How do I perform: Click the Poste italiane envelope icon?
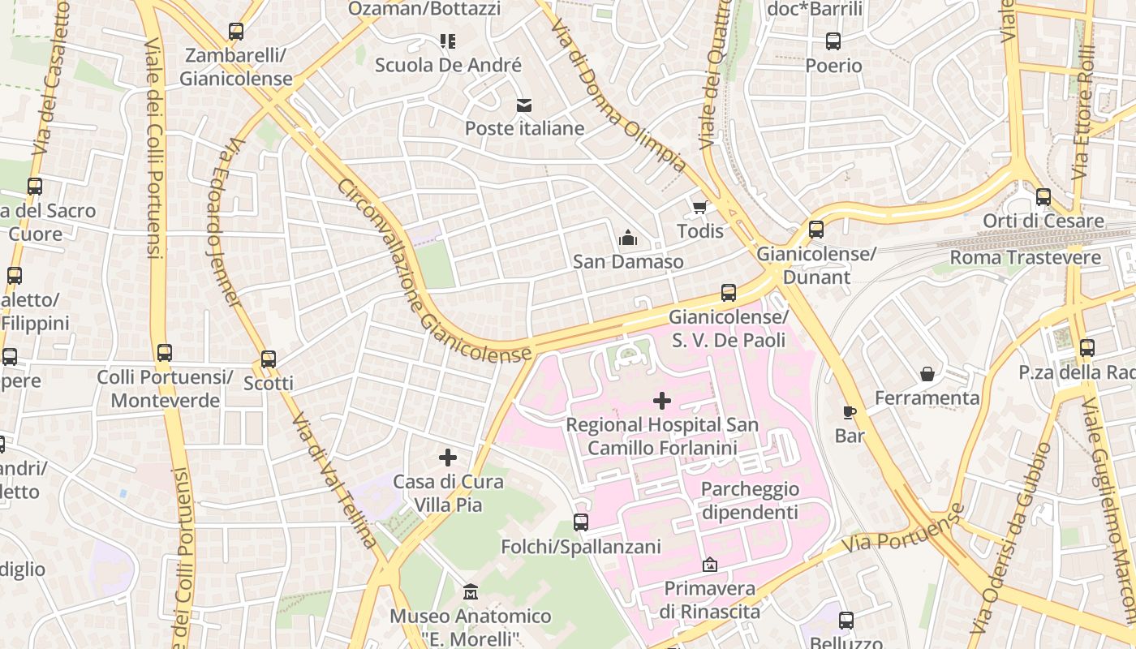[523, 105]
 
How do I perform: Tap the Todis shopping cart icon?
[699, 208]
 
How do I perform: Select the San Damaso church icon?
[627, 239]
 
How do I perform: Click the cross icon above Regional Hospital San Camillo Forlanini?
[662, 401]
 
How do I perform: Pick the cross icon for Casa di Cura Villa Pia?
[448, 458]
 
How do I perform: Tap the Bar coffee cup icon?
[850, 412]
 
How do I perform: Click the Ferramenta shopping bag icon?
[927, 374]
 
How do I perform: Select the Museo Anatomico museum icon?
[471, 592]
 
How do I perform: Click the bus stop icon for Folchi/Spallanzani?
[581, 522]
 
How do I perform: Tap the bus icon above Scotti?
[269, 359]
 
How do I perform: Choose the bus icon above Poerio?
[833, 41]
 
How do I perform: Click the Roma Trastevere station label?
[1026, 258]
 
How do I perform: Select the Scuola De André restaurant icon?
[448, 41]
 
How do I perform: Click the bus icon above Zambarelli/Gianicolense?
[236, 32]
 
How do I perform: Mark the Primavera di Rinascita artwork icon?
[710, 564]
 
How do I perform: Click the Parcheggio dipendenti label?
[750, 501]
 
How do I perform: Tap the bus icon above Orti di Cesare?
[1043, 197]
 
